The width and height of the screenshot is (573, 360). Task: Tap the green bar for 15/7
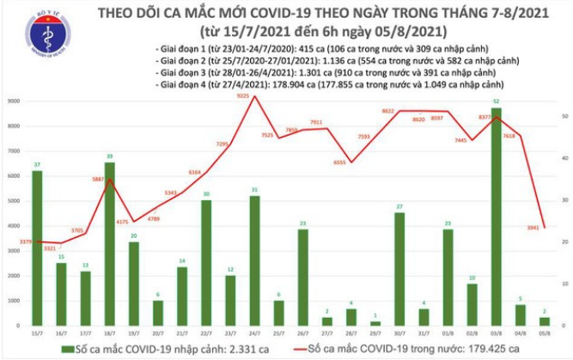tap(36, 248)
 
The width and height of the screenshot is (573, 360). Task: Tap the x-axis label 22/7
tap(206, 333)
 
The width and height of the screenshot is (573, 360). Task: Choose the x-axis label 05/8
tap(546, 333)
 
